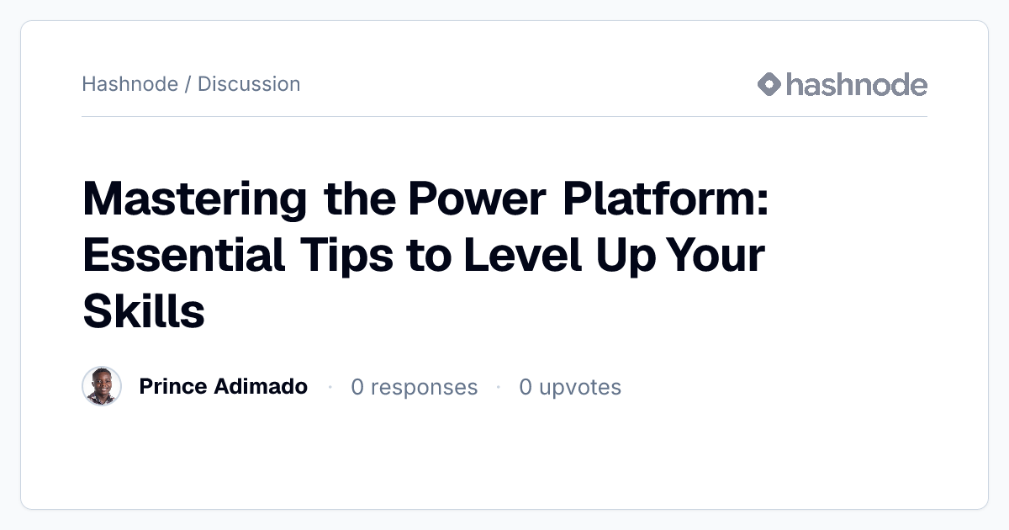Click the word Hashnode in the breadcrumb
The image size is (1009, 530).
pyautogui.click(x=130, y=84)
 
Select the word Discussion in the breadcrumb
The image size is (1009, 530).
pyautogui.click(x=249, y=84)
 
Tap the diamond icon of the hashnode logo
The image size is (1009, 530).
pyautogui.click(x=769, y=84)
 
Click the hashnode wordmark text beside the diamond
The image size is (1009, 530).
pyautogui.click(x=857, y=84)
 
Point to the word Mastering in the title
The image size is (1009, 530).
pyautogui.click(x=195, y=199)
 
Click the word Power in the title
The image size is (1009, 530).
pyautogui.click(x=478, y=199)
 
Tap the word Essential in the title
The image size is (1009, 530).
pyautogui.click(x=184, y=255)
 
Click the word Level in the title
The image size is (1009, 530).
pyautogui.click(x=523, y=255)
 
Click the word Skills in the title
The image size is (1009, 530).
pyautogui.click(x=144, y=311)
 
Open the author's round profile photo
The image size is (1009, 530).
pyautogui.click(x=102, y=386)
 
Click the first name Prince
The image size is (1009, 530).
pyautogui.click(x=172, y=386)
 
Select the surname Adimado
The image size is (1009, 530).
pyautogui.click(x=261, y=386)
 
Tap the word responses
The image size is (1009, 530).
pyautogui.click(x=425, y=388)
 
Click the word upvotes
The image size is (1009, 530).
pyautogui.click(x=580, y=388)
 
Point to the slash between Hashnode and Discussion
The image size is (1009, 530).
pyautogui.click(x=188, y=84)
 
